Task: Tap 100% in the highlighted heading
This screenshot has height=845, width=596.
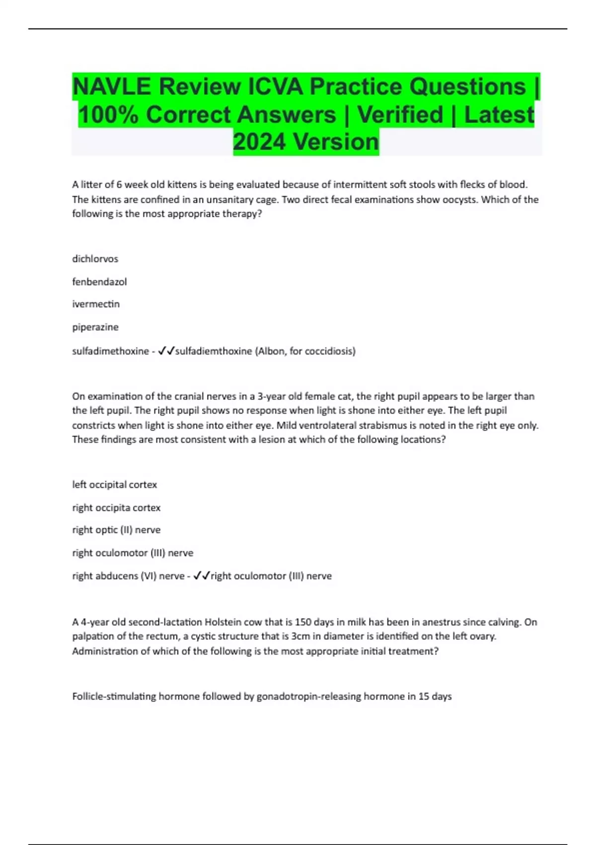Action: [106, 115]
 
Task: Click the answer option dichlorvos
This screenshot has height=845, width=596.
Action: [95, 259]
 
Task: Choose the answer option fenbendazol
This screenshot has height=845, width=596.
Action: [99, 282]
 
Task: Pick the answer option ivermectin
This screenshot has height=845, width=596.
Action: [96, 304]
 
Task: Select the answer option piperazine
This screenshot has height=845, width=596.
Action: [95, 327]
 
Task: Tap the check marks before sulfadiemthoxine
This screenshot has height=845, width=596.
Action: [166, 351]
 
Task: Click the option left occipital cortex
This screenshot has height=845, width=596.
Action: [115, 485]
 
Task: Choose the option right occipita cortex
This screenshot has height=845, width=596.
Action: [116, 507]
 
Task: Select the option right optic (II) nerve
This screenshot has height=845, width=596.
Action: [116, 530]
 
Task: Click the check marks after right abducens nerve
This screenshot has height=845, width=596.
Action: [201, 576]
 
